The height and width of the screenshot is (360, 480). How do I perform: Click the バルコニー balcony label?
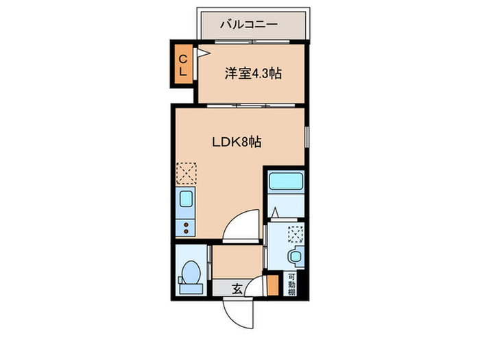248,24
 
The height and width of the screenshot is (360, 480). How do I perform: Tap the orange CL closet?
183,64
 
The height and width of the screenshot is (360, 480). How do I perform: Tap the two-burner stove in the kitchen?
185,226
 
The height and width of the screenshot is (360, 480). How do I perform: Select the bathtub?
284,182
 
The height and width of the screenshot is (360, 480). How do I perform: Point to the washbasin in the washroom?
294,257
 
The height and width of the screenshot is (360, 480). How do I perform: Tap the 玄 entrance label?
236,289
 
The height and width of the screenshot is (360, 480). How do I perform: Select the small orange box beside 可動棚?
274,284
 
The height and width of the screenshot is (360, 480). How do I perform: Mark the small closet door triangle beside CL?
203,52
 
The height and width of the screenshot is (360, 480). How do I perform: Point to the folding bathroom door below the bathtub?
274,213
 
